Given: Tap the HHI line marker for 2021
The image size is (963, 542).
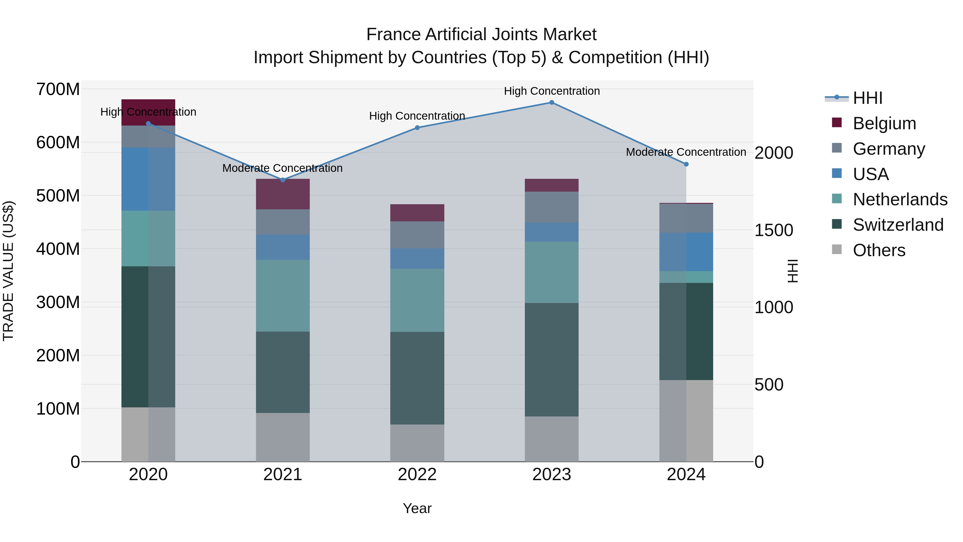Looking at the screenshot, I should pyautogui.click(x=283, y=180).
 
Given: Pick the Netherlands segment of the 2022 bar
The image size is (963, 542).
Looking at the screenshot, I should pyautogui.click(x=417, y=300).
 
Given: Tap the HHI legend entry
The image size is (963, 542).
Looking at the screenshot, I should pyautogui.click(x=867, y=98).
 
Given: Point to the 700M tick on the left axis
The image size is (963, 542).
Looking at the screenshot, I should pyautogui.click(x=58, y=89).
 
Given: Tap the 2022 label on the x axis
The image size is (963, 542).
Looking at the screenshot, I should pyautogui.click(x=417, y=475).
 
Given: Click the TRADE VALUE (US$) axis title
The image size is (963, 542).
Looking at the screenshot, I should pyautogui.click(x=8, y=271).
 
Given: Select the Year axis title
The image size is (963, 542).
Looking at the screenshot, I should pyautogui.click(x=417, y=508).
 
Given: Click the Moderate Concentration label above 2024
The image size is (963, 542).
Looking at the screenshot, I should pyautogui.click(x=686, y=152).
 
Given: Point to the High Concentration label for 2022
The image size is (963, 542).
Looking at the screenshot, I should pyautogui.click(x=417, y=116).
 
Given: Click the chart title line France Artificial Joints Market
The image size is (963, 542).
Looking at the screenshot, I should pyautogui.click(x=481, y=35).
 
